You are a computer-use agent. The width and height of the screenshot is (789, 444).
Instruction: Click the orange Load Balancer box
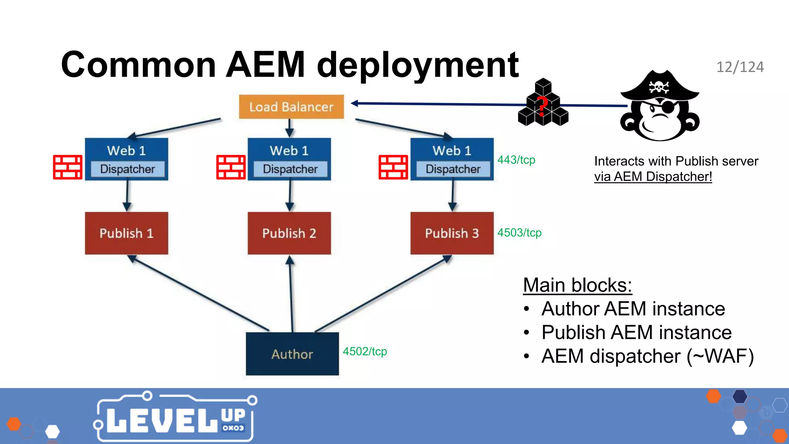pyautogui.click(x=291, y=107)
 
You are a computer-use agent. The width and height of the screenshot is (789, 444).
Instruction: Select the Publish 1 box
pyautogui.click(x=126, y=233)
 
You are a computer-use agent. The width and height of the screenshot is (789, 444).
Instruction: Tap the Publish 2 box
pyautogui.click(x=289, y=233)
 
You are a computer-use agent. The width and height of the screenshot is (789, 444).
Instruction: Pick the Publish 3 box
pyautogui.click(x=452, y=233)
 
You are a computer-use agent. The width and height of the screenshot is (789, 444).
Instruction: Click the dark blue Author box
pyautogui.click(x=292, y=354)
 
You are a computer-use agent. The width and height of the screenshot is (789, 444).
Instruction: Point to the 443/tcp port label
pyautogui.click(x=516, y=160)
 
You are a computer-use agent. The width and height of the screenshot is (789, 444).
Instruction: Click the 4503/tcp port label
pyautogui.click(x=519, y=232)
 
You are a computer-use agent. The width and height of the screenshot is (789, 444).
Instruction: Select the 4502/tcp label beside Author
pyautogui.click(x=365, y=351)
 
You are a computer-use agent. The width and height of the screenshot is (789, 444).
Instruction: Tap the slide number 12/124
pyautogui.click(x=740, y=67)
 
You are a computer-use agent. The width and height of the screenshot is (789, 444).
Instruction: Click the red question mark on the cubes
pyautogui.click(x=542, y=106)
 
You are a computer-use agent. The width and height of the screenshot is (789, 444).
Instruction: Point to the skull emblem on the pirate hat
pyautogui.click(x=659, y=87)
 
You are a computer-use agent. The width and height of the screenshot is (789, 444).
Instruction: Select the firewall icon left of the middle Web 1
pyautogui.click(x=231, y=167)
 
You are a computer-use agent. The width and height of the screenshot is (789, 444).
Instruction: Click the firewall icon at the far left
pyautogui.click(x=67, y=167)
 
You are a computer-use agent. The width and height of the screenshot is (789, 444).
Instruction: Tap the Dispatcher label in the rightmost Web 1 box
pyautogui.click(x=453, y=169)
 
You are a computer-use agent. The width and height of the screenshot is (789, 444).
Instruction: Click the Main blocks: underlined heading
pyautogui.click(x=577, y=285)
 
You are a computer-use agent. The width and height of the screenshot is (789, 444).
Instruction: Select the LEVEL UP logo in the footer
pyautogui.click(x=175, y=418)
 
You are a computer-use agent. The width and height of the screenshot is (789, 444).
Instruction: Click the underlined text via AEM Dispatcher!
pyautogui.click(x=653, y=177)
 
